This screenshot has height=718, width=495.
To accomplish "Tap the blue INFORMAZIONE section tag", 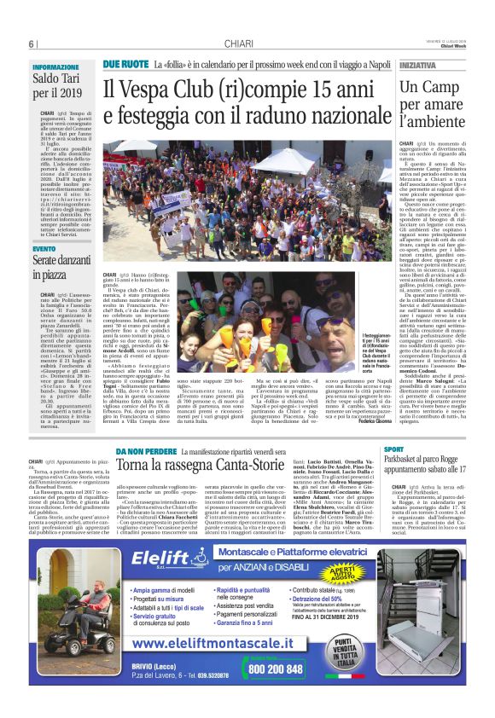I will tap(55, 67).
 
